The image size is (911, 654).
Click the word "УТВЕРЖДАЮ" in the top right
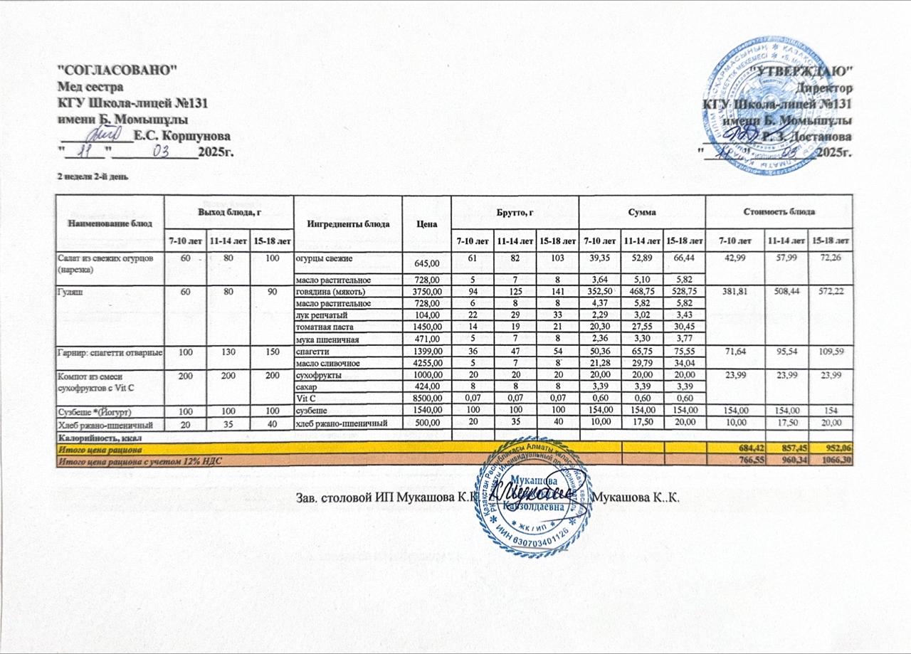pyautogui.click(x=805, y=72)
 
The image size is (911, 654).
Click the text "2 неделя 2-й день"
pyautogui.click(x=93, y=175)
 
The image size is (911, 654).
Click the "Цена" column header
pyautogui.click(x=426, y=223)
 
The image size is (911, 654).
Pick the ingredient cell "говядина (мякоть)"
pyautogui.click(x=330, y=290)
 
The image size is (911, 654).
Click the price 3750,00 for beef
pyautogui.click(x=428, y=290)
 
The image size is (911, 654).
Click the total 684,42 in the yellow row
pyautogui.click(x=735, y=449)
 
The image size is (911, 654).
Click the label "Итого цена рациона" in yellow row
pyautogui.click(x=100, y=449)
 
